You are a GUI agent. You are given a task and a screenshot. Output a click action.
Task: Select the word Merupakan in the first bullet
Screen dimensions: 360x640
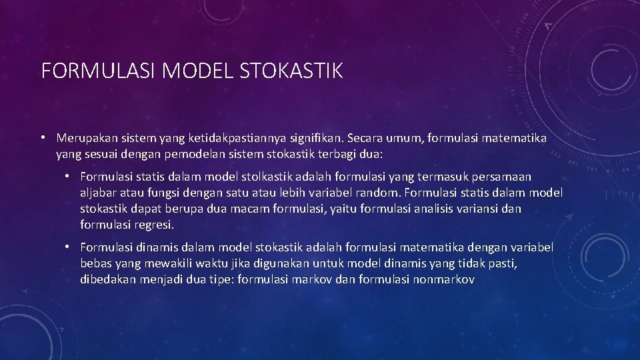[x=86, y=138]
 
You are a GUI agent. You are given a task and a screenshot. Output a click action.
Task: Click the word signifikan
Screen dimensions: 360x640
[x=313, y=138]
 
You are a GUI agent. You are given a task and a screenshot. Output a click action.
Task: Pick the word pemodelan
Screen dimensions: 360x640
[x=199, y=153]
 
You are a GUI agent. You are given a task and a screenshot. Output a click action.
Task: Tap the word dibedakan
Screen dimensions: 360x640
[x=108, y=279]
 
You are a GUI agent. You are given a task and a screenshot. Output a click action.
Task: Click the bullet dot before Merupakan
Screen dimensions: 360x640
[x=42, y=138]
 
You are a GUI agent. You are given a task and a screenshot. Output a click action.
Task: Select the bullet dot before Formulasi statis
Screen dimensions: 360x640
[x=67, y=177]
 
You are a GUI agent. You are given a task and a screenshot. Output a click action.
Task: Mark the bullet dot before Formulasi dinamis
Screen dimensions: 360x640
[x=67, y=247]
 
